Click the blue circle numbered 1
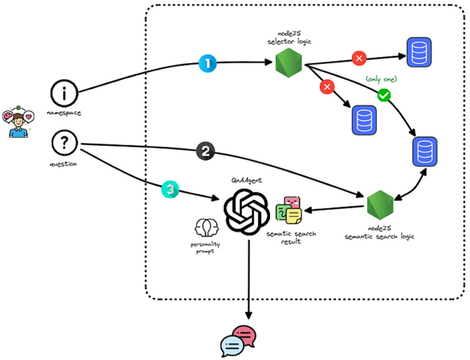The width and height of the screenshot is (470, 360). tap(208, 64)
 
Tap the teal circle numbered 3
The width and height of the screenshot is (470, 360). tap(170, 190)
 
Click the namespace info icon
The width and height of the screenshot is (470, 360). tap(64, 93)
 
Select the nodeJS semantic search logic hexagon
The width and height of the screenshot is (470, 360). tap(379, 205)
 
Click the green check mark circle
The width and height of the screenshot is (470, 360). tap(383, 95)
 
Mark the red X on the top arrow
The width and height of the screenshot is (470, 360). tap(359, 58)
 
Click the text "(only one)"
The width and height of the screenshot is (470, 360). tap(382, 80)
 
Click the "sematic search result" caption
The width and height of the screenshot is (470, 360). tap(291, 237)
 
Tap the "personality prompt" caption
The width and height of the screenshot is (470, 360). tap(205, 248)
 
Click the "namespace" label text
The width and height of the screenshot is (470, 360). tap(64, 113)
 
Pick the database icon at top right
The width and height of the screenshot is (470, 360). tap(419, 52)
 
